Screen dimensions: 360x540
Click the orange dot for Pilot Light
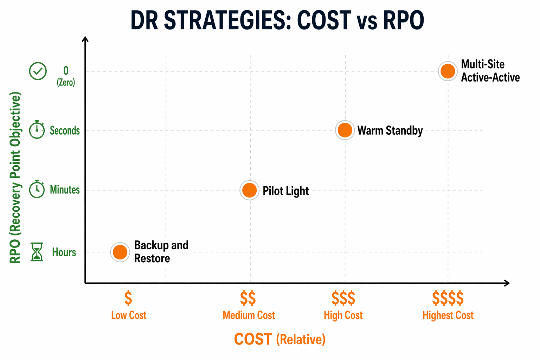click(249, 190)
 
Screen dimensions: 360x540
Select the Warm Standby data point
click(345, 130)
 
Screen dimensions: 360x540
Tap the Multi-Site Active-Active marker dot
click(448, 71)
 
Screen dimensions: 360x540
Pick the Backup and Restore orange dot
click(120, 252)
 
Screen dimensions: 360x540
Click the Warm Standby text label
click(390, 131)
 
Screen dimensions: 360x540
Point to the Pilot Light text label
click(285, 191)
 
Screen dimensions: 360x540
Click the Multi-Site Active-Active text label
click(490, 71)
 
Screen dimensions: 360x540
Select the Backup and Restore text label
click(161, 252)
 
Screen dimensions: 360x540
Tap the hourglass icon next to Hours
click(37, 252)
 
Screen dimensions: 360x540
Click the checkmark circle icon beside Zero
click(38, 71)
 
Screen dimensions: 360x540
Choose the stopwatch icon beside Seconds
click(37, 130)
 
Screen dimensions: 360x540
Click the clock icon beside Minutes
click(37, 189)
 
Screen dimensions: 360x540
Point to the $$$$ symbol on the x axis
click(448, 298)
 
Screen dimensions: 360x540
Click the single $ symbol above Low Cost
click(128, 298)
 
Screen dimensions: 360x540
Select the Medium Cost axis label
click(249, 315)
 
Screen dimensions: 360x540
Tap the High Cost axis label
click(343, 315)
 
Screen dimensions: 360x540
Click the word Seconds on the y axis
click(65, 131)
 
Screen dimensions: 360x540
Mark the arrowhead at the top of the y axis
click(85, 38)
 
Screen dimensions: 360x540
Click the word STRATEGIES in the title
click(227, 20)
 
